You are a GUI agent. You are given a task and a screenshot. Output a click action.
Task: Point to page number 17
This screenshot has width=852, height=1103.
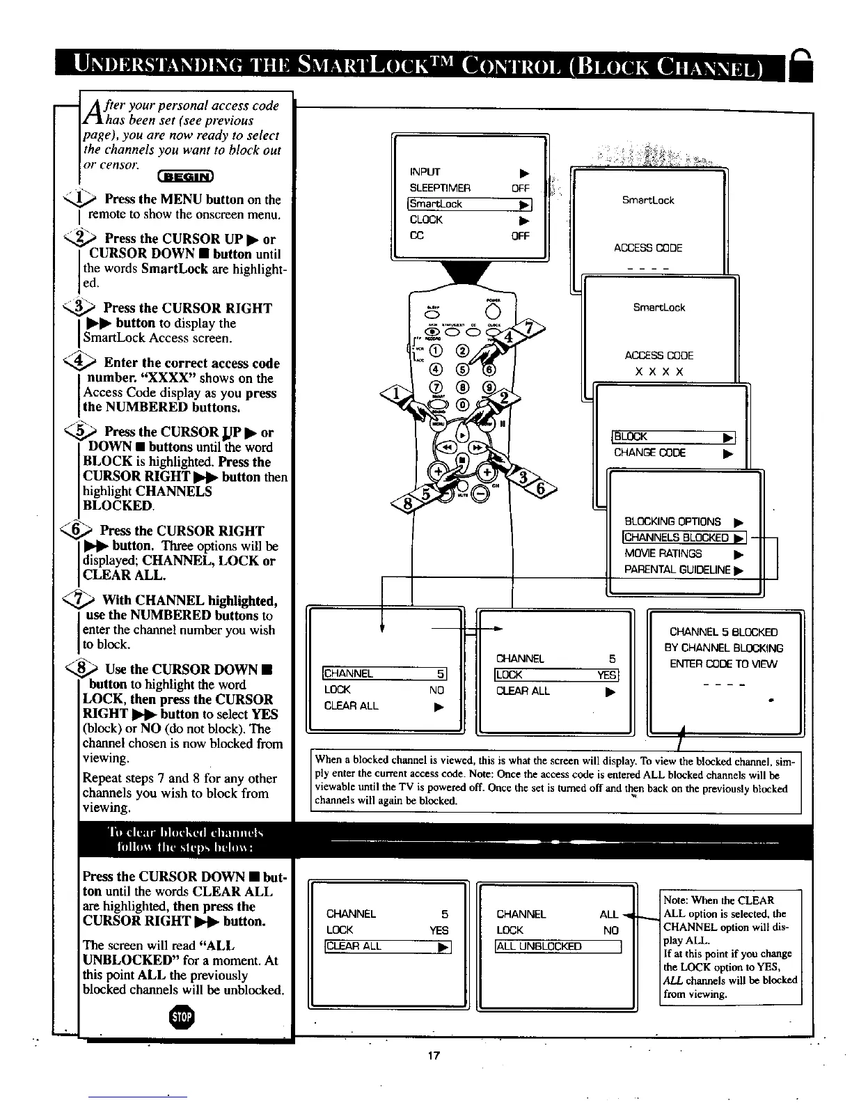coord(433,1056)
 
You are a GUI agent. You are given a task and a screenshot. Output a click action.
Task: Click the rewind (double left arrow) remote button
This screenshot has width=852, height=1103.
coord(445,446)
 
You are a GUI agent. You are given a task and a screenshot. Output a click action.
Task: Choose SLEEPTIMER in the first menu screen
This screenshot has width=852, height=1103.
coord(440,188)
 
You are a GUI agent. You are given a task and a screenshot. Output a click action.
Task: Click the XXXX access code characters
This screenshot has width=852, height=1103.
coord(658,372)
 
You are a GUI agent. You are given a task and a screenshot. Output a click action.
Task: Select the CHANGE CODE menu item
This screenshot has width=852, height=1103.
coord(649,453)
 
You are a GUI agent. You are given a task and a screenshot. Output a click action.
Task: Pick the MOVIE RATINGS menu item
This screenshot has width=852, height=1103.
coord(663,554)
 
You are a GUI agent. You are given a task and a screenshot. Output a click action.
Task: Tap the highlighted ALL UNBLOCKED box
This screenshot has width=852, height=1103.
coord(557,946)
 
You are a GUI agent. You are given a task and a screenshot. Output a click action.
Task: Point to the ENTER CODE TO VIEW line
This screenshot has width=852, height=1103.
coord(723,664)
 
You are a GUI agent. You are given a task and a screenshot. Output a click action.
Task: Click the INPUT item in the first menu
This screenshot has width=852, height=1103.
coord(425,172)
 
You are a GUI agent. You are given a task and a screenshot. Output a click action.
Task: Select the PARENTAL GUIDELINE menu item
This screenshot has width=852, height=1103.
coord(677,570)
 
